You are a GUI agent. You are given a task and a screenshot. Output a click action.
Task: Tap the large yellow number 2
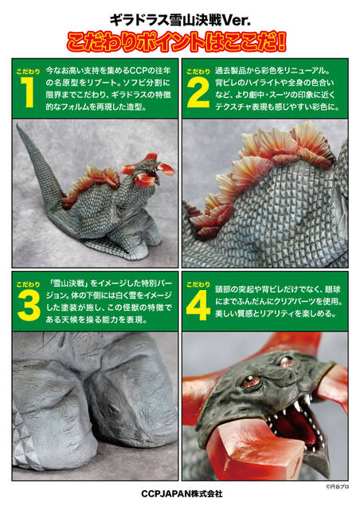[x=198, y=93]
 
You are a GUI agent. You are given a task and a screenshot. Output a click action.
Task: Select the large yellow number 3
[x=29, y=306]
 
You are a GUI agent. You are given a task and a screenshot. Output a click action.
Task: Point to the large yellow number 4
[x=198, y=306]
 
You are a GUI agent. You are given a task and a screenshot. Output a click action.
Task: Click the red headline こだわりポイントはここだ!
[x=177, y=41]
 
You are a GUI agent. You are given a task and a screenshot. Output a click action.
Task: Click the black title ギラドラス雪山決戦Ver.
[x=180, y=21]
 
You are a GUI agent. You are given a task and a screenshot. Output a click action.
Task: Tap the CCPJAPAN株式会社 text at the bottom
[x=182, y=494]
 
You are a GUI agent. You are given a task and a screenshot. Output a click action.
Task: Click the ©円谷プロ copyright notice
[x=337, y=487]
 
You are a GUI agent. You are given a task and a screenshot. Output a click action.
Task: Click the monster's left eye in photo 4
[x=250, y=380]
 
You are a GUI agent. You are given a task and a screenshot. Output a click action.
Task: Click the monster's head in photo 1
[x=148, y=170]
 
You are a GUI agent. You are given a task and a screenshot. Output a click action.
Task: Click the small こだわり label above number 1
[x=28, y=72]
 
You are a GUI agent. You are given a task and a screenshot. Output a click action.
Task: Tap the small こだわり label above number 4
[x=198, y=284]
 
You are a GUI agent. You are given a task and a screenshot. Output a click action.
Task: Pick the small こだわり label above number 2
[x=198, y=72]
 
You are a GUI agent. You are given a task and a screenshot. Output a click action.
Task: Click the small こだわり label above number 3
[x=28, y=284]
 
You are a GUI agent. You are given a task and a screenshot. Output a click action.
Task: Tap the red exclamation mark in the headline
[x=282, y=41]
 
